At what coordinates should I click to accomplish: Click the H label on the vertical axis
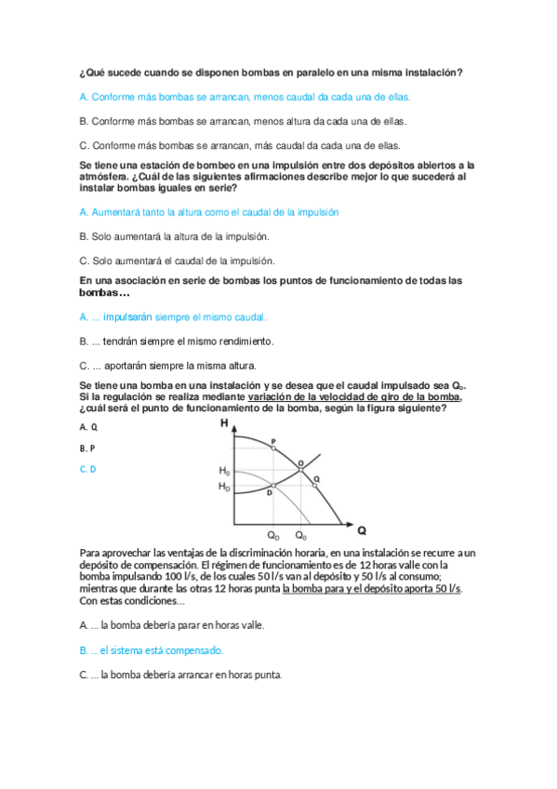click(224, 424)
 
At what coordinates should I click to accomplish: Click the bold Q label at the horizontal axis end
click(362, 530)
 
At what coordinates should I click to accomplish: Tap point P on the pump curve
click(273, 448)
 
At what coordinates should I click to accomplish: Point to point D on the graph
click(272, 486)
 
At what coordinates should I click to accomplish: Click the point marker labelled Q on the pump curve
click(316, 484)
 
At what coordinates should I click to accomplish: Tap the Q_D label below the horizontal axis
click(273, 536)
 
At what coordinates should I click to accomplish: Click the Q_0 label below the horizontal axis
click(300, 536)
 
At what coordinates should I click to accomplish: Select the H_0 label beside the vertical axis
click(224, 471)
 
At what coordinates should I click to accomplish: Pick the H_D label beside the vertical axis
click(224, 487)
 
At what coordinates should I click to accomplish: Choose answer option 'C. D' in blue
click(88, 469)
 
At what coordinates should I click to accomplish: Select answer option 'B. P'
click(88, 448)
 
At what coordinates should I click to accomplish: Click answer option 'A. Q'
click(88, 426)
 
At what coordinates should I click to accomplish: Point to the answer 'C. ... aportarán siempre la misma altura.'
click(168, 365)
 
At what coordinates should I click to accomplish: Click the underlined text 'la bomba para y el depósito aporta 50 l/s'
click(372, 588)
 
